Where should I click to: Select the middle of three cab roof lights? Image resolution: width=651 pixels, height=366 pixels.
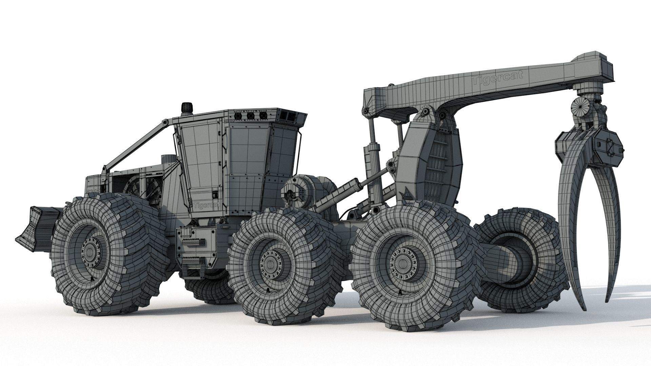point(251,116)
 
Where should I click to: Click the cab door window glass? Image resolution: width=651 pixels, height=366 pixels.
point(200,159)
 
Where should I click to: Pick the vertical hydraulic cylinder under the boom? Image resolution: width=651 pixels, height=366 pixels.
point(371,142)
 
